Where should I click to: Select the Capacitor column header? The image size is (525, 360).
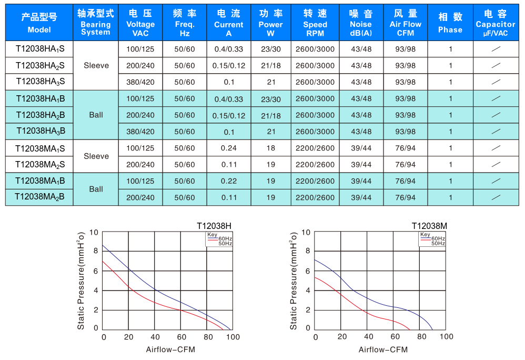point(495,24)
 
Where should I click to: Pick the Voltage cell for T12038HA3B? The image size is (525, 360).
point(140,132)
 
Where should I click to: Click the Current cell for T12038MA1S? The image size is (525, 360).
point(229,148)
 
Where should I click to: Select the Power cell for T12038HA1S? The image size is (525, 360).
point(270,49)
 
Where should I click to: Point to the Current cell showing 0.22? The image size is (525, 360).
point(229,181)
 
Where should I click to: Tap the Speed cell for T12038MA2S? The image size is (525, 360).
point(315,165)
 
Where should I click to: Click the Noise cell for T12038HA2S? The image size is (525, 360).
point(361,66)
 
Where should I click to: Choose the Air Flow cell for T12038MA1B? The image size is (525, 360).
point(405,181)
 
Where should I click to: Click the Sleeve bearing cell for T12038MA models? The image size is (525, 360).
point(96,156)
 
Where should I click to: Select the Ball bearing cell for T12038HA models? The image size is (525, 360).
point(96,115)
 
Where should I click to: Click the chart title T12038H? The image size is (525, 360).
point(214,226)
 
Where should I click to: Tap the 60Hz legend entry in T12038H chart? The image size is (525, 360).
point(225,238)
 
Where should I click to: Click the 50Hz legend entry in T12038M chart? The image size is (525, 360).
point(438,244)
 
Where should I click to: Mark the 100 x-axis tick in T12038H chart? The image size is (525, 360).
point(233,337)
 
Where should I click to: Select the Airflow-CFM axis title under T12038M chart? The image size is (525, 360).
point(383,349)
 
